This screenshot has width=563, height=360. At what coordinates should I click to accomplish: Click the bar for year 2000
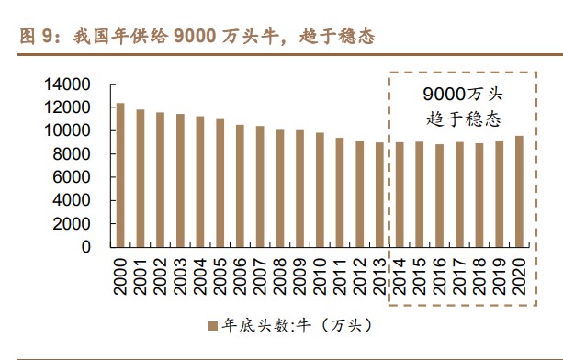pos(119,174)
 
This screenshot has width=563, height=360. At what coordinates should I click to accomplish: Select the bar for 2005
pos(220,183)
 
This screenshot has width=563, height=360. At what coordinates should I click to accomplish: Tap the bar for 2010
pos(321,189)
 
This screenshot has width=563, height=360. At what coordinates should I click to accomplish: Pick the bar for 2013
pos(380,194)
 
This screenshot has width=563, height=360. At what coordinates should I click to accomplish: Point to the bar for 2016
pos(440,195)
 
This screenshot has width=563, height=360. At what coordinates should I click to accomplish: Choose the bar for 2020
pos(519,191)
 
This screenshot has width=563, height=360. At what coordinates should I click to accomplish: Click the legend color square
pos(210,325)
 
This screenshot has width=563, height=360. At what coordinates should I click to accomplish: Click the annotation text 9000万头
pos(463,95)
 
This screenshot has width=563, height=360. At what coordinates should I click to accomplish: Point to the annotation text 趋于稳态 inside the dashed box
pos(463,118)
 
